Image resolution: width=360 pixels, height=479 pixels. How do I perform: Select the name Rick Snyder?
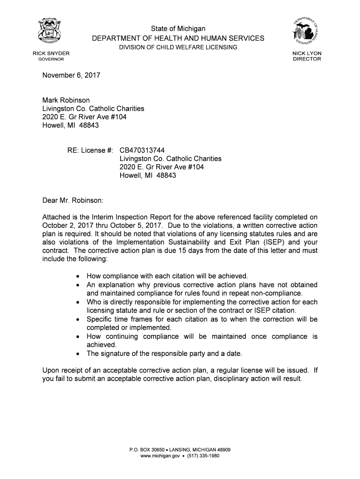tap(51, 53)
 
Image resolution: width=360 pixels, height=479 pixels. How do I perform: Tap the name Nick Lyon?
tap(307, 53)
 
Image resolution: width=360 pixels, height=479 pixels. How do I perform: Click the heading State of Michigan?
tap(178, 29)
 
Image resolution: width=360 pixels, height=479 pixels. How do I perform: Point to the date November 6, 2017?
tap(71, 75)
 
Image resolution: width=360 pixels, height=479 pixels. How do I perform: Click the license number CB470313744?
tap(142, 150)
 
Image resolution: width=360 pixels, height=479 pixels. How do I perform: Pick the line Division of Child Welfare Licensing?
tap(177, 47)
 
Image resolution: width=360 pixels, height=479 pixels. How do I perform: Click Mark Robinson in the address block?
tap(66, 100)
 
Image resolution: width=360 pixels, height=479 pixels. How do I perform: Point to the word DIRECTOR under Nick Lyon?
tap(307, 59)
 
